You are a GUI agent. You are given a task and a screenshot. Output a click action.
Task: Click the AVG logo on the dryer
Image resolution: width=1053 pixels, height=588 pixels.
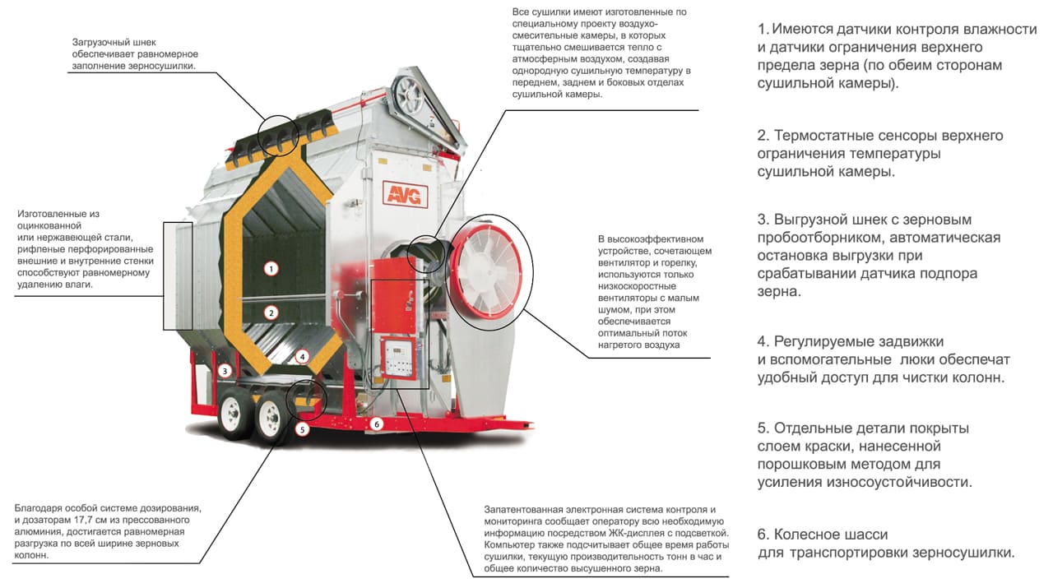coord(405,194)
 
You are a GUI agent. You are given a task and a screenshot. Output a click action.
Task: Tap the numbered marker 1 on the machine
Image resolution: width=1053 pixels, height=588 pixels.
coord(271,269)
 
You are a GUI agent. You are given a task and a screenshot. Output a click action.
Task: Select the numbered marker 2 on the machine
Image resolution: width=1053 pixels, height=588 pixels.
coord(271,313)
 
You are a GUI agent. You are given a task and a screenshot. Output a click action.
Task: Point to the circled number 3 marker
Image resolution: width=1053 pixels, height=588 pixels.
coord(225,371)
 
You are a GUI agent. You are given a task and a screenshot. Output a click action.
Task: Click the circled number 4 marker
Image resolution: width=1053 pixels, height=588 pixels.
coord(302,357)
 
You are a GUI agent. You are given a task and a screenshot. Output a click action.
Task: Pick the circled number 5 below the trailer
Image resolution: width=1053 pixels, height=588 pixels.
coord(302,429)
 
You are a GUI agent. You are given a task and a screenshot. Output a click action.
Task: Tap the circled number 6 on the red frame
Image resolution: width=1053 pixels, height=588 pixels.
coord(377,424)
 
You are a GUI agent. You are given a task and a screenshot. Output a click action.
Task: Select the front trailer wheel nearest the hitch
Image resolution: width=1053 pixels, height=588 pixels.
coord(271,418)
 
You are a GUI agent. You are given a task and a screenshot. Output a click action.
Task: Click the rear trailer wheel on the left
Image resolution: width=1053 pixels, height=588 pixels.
coord(234,415)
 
